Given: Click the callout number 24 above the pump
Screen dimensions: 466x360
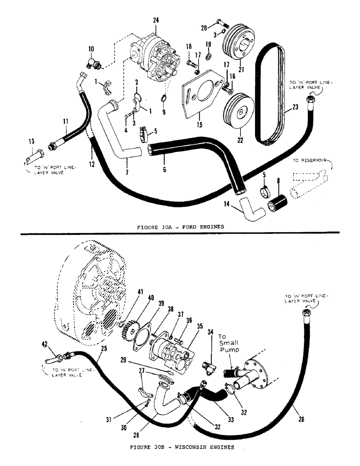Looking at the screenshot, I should coord(155,20).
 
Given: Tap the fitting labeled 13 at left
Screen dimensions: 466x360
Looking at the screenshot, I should coord(34,156).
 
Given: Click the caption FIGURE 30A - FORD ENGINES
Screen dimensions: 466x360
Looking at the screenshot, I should coord(180,227).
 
